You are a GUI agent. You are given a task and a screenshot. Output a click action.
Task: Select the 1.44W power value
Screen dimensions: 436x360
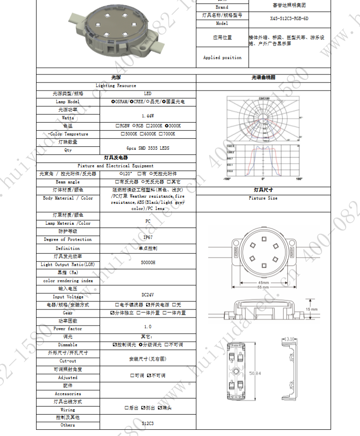148,116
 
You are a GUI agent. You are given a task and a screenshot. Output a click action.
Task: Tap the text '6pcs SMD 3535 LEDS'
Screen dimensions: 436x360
148,148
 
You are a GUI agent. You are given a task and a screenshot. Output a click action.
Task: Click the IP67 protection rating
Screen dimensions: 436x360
148,237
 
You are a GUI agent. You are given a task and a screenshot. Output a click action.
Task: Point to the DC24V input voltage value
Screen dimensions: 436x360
148,294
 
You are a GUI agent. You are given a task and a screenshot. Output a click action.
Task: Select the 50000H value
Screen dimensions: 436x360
148,262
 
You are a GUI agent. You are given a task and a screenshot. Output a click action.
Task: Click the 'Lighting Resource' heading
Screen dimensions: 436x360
116,86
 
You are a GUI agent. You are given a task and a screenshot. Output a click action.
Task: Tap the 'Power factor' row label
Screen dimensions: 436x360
68,328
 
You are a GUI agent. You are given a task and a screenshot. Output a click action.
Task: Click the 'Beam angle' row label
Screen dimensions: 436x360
68,182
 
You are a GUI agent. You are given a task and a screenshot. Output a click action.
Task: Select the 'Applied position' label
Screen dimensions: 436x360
222,58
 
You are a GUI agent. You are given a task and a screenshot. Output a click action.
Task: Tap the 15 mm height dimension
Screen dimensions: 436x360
312,309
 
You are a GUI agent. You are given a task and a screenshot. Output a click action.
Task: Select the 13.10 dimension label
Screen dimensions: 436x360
291,339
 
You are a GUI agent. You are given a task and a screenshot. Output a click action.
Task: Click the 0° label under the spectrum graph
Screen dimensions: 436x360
263,179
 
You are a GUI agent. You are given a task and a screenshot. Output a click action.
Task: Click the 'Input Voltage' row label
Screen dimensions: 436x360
68,297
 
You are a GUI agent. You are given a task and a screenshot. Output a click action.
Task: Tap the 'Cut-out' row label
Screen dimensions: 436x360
68,361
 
